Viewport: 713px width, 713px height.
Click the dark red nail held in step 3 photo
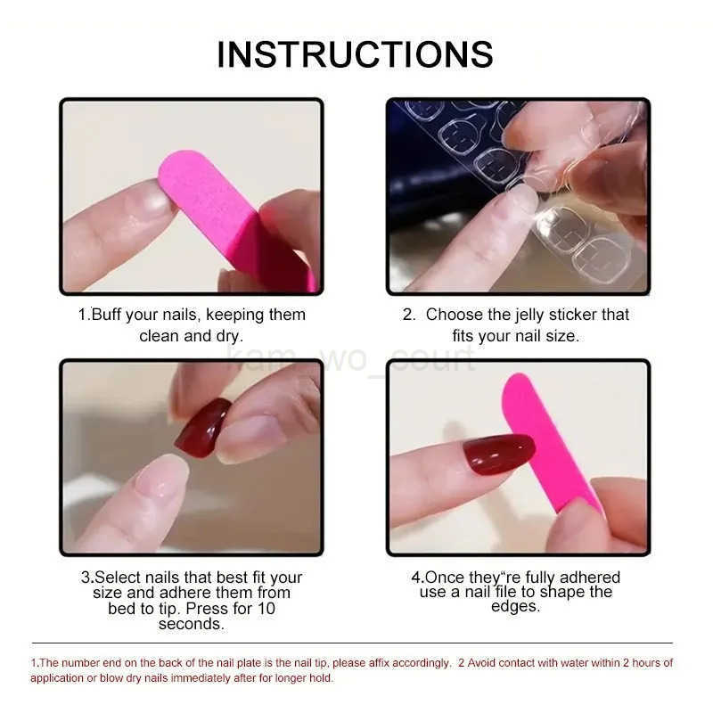point(202,427)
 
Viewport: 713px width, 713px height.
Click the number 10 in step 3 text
point(265,609)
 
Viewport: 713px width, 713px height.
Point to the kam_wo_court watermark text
point(352,360)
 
